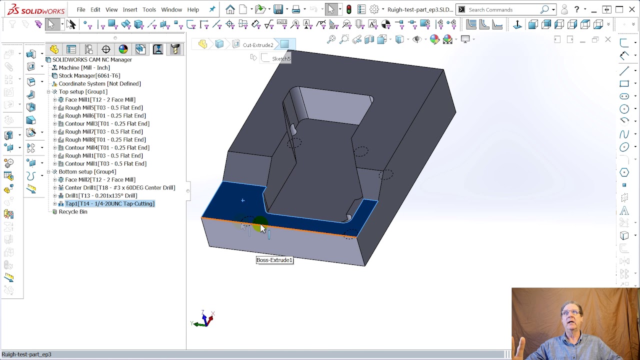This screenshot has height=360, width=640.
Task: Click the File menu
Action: [80, 9]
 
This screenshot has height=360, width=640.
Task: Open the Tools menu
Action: [149, 9]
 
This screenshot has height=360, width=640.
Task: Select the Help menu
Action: [193, 9]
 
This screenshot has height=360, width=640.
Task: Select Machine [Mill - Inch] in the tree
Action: [84, 67]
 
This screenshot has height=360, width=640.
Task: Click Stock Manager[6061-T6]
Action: [89, 75]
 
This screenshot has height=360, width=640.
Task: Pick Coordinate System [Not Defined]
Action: [99, 83]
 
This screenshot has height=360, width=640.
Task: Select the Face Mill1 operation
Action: [100, 99]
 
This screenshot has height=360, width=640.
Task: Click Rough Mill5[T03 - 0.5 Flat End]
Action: [103, 107]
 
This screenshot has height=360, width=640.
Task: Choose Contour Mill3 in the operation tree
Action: [107, 123]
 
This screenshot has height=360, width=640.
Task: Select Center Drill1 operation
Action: [120, 187]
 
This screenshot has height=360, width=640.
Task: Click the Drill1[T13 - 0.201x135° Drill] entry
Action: [100, 195]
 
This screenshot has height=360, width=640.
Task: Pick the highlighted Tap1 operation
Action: [109, 203]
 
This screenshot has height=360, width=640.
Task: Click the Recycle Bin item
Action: [73, 211]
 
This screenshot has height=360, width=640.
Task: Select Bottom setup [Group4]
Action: [87, 171]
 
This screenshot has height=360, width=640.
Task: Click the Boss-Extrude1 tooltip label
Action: [274, 260]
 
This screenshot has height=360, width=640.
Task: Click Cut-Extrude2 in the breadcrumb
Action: [258, 45]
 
